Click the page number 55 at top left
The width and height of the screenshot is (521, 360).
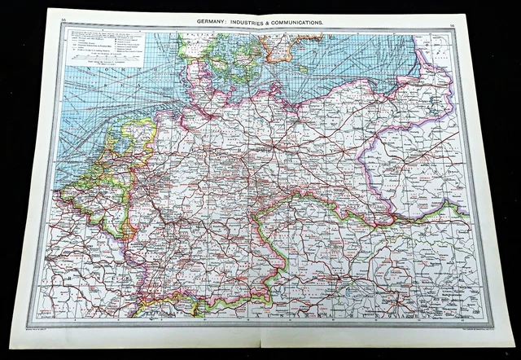pyautogui.click(x=53, y=22)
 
